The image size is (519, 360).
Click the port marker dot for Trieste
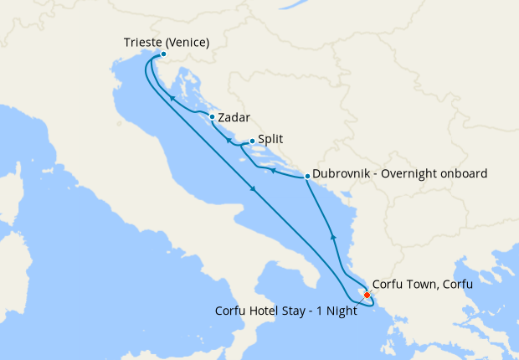[x=163, y=55]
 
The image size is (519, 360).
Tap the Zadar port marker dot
[x=213, y=117]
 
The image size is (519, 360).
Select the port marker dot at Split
[x=252, y=141]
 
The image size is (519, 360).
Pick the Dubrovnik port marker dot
[x=307, y=176]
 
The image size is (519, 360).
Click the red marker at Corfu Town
[x=367, y=294]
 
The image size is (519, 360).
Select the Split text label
[x=270, y=141]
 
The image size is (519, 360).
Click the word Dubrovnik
[x=344, y=174]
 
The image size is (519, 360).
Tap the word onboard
[x=465, y=174]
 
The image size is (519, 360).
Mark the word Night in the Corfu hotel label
[x=341, y=310]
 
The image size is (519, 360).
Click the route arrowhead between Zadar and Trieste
[x=172, y=98]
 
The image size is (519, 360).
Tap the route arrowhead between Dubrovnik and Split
[x=272, y=170]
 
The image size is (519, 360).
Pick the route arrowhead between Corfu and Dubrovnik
[x=333, y=235]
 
